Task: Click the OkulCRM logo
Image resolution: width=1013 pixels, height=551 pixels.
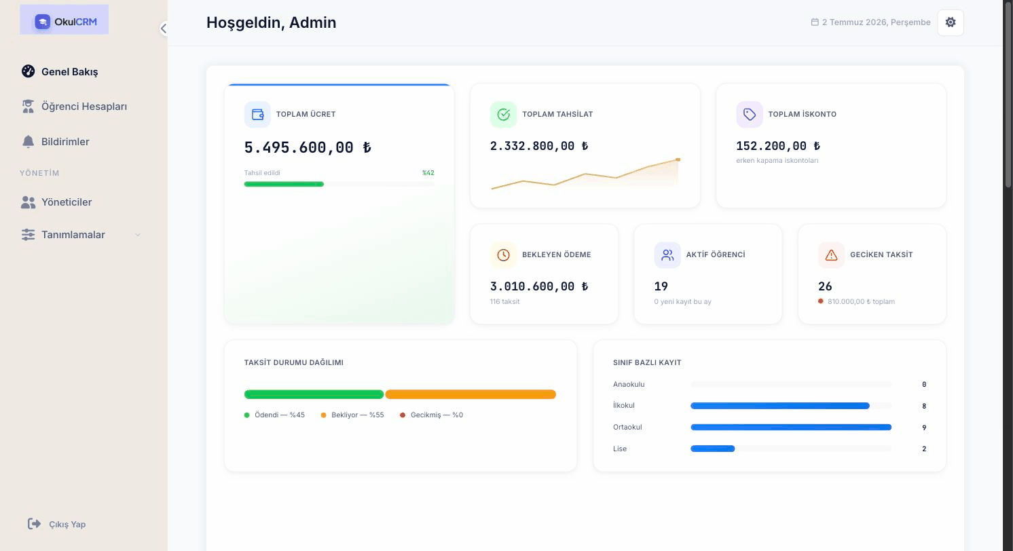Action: tap(65, 21)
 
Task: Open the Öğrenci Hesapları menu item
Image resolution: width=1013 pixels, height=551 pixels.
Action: tap(75, 107)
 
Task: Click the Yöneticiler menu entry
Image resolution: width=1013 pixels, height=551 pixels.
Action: tap(56, 202)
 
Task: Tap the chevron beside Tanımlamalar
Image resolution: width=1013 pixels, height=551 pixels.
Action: tap(137, 235)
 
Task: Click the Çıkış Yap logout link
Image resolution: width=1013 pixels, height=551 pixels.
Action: tap(57, 524)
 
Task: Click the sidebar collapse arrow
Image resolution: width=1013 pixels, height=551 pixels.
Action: tap(164, 28)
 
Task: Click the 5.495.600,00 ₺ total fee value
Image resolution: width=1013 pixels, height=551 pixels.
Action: tap(308, 147)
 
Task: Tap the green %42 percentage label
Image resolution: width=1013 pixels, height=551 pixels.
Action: tap(428, 172)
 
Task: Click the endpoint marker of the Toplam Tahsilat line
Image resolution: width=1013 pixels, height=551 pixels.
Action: tap(678, 159)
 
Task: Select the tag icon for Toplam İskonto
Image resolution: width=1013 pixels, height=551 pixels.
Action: tap(749, 115)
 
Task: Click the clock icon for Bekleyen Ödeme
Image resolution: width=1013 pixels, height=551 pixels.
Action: tap(503, 255)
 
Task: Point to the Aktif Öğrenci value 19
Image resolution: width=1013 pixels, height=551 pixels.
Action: tap(661, 286)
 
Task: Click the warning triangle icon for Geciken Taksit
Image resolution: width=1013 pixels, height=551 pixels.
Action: tap(831, 255)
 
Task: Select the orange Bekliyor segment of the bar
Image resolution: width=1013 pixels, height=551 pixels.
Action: tap(471, 394)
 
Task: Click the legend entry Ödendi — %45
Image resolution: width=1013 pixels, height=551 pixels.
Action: tap(274, 415)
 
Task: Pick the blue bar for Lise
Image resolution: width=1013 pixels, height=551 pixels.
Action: tap(712, 449)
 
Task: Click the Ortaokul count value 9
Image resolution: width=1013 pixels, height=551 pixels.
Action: tap(924, 427)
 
